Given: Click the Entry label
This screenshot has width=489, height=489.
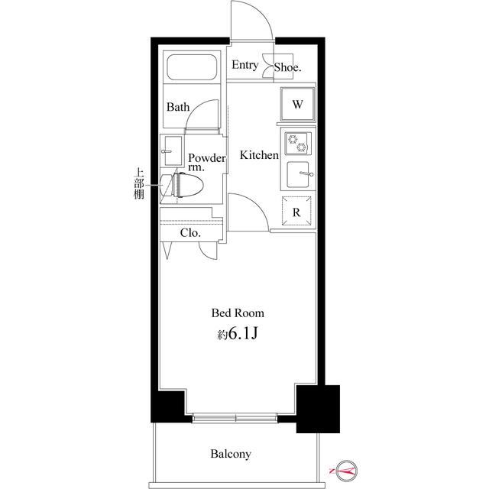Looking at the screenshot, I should pos(244,66).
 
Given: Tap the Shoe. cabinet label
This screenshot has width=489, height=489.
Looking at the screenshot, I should pos(288,67).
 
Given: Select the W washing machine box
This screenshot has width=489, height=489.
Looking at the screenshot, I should pos(297,105).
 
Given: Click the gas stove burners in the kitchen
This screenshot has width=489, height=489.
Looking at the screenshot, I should pos(296,143).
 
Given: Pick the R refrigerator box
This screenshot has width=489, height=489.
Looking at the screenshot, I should pos(296,211).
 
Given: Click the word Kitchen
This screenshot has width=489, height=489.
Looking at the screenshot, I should pos(259,156).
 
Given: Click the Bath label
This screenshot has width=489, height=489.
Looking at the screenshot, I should pos(178,108).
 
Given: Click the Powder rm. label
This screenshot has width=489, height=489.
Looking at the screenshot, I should pos(206,163).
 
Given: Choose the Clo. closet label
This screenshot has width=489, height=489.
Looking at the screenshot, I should pos(189,233).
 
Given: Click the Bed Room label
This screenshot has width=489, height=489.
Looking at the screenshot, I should pos(238,313).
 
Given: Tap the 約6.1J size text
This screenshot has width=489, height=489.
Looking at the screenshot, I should pos(238,334).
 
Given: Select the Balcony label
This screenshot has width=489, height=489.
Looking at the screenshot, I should pos(231,455).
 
